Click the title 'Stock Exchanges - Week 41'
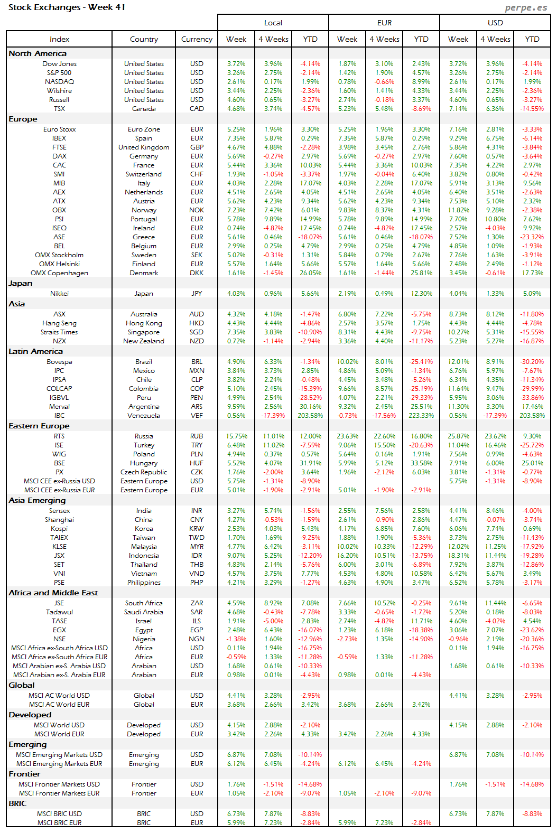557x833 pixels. pyautogui.click(x=67, y=7)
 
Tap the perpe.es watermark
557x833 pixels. pyautogui.click(x=525, y=7)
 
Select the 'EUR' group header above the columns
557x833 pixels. pyautogui.click(x=384, y=23)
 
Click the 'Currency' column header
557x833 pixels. pyautogui.click(x=197, y=39)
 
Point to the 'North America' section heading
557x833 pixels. pyautogui.click(x=38, y=53)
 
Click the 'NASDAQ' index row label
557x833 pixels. pyautogui.click(x=59, y=82)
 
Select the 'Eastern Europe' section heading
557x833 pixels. pyautogui.click(x=39, y=426)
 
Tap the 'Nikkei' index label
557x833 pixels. pyautogui.click(x=59, y=294)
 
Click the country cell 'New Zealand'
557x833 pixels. pyautogui.click(x=144, y=341)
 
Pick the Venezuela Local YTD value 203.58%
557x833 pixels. pyautogui.click(x=310, y=416)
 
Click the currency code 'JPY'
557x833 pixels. pyautogui.click(x=197, y=294)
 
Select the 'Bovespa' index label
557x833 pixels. pyautogui.click(x=59, y=362)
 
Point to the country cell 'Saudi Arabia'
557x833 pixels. pyautogui.click(x=144, y=612)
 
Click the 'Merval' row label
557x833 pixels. pyautogui.click(x=59, y=407)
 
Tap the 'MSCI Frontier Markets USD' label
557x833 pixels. pyautogui.click(x=59, y=784)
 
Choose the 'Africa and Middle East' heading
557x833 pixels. pyautogui.click(x=53, y=593)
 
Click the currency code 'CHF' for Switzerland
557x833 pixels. pyautogui.click(x=197, y=174)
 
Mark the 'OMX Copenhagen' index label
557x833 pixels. pyautogui.click(x=59, y=273)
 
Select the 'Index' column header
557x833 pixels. pyautogui.click(x=59, y=39)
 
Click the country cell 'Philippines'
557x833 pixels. pyautogui.click(x=144, y=583)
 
